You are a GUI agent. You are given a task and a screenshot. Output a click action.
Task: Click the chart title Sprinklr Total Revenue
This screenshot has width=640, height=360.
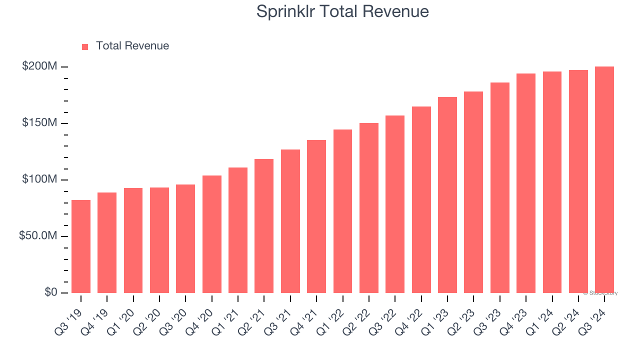342,11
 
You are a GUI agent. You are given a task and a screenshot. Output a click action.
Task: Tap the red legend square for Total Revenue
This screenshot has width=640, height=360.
85,46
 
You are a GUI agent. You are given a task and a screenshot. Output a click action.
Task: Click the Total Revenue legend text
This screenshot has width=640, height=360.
132,46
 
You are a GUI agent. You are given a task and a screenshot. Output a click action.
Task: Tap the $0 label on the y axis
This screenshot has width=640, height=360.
51,292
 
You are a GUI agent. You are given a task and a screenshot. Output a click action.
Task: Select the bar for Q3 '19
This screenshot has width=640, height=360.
81,246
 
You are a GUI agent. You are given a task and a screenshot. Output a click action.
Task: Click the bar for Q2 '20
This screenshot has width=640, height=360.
159,240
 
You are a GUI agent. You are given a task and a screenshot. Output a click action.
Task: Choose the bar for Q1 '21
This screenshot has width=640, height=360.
238,230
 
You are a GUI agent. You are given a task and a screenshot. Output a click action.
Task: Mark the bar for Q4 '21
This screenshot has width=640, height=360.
316,216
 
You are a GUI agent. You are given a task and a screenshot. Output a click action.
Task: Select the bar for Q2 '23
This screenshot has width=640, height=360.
473,192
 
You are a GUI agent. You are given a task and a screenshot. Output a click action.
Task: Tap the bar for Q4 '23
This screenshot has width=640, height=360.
526,183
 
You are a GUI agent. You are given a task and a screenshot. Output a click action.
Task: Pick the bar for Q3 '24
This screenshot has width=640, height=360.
604,179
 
